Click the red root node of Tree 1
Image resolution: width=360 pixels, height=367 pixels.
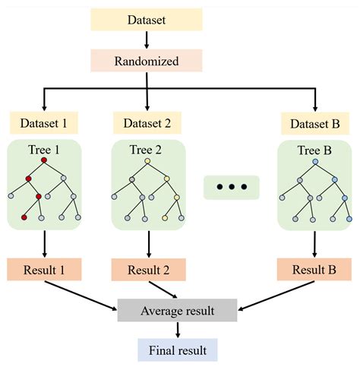(x=45, y=160)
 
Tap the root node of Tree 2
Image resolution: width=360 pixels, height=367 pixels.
(x=146, y=161)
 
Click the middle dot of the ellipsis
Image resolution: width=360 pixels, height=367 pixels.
(x=232, y=187)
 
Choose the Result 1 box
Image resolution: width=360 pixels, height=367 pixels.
(x=45, y=267)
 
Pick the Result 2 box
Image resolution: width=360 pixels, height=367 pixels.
(x=146, y=267)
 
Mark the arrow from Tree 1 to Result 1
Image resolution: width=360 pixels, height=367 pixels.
(x=45, y=243)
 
